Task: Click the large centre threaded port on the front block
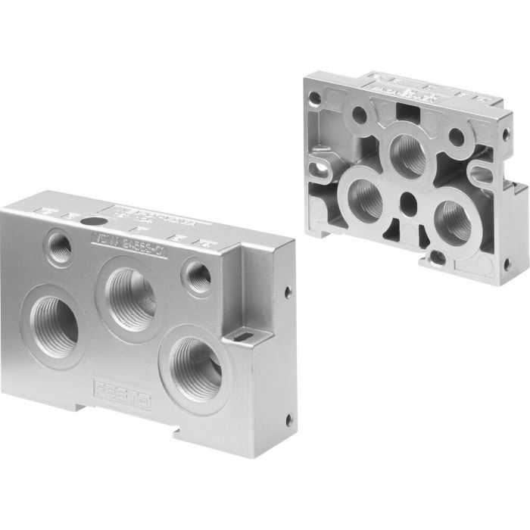pos(130,293)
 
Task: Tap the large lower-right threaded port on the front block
pos(196,360)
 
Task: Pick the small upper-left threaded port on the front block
pos(58,245)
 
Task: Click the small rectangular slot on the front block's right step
pos(244,333)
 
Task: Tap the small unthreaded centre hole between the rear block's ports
pos(409,202)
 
